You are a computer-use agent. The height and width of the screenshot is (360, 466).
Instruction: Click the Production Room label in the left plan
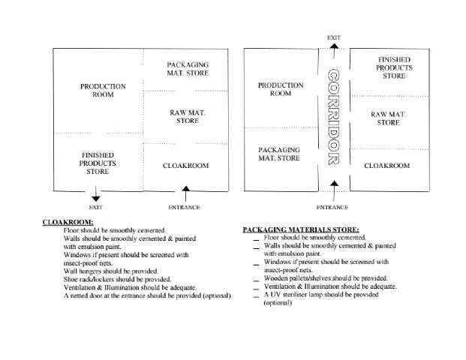pos(103,91)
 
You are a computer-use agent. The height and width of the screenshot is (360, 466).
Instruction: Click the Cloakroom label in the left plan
pos(185,165)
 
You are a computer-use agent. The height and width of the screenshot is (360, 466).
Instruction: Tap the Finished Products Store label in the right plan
pos(394,67)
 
